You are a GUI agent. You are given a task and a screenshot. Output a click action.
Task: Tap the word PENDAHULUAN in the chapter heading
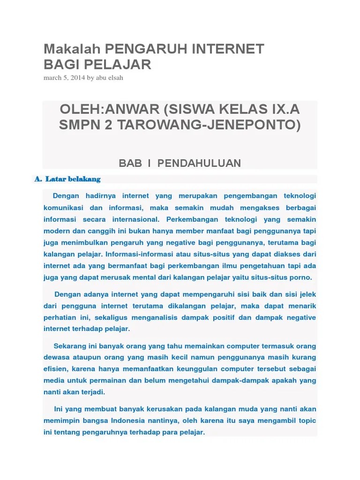coord(199,163)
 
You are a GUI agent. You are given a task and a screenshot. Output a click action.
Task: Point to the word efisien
coord(56,368)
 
